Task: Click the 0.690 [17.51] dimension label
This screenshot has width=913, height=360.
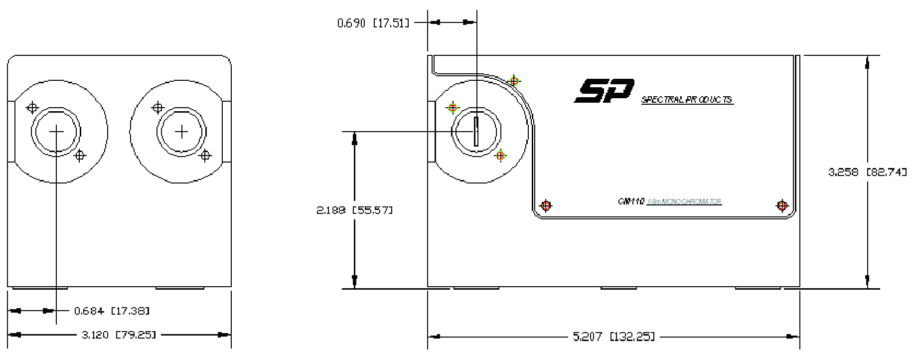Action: coord(373,23)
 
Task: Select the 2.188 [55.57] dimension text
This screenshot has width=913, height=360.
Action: coord(354,210)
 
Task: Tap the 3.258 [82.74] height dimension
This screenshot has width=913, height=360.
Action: coord(867,172)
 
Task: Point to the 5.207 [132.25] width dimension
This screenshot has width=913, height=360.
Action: coord(613,337)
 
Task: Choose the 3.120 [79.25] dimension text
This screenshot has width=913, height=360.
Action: coord(119,335)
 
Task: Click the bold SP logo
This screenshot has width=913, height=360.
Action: coord(604,92)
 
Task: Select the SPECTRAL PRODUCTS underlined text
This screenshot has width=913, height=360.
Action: coord(687,100)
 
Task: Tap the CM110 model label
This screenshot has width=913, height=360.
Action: coord(631,201)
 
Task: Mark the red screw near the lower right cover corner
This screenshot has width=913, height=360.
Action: coord(782,205)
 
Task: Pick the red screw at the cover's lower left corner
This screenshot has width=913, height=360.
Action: coord(546,205)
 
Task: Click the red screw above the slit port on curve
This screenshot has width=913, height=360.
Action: coord(515,81)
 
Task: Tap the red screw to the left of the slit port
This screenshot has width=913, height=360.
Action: coord(453,108)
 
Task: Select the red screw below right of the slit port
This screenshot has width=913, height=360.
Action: coord(500,156)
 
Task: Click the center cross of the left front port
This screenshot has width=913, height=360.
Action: coord(57,132)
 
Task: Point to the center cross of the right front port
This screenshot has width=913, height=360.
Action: coord(182,132)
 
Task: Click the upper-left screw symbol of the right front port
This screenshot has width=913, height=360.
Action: coord(158,107)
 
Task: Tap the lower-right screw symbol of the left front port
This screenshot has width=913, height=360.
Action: coord(80,156)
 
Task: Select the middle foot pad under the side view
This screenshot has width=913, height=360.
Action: coord(618,288)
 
